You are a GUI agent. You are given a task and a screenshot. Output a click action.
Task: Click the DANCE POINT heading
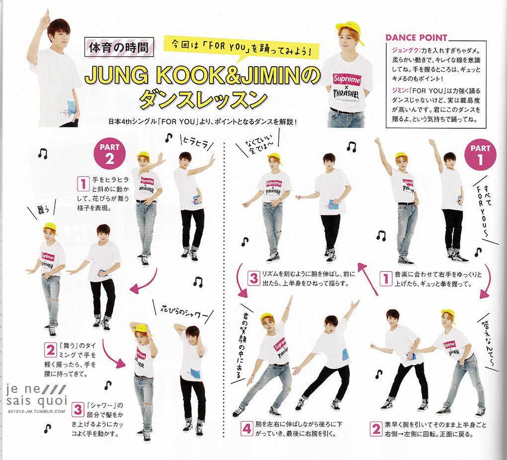coord(416,37)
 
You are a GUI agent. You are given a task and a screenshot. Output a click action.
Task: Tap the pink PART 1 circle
coord(480,154)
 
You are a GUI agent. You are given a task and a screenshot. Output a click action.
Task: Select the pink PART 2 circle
coord(109,154)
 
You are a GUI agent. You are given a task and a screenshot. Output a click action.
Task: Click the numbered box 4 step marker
coord(247,429)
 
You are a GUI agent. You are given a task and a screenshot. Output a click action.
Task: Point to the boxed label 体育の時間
coord(118,48)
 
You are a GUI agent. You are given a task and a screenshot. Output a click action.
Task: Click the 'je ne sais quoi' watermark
coord(36,395)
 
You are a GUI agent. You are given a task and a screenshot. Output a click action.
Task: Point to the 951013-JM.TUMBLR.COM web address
coord(36,411)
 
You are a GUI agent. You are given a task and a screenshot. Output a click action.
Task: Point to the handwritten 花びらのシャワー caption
coord(184,310)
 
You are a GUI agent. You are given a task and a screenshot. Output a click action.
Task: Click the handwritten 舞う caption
coord(41,211)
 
